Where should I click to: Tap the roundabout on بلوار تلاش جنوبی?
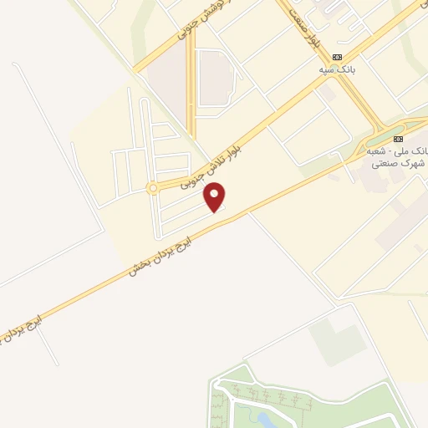tap(152, 188)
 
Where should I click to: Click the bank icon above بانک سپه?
tap(337, 57)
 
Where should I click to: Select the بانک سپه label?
tap(334, 69)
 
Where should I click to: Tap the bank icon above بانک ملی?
tap(398, 138)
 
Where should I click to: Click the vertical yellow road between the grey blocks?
tap(191, 92)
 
